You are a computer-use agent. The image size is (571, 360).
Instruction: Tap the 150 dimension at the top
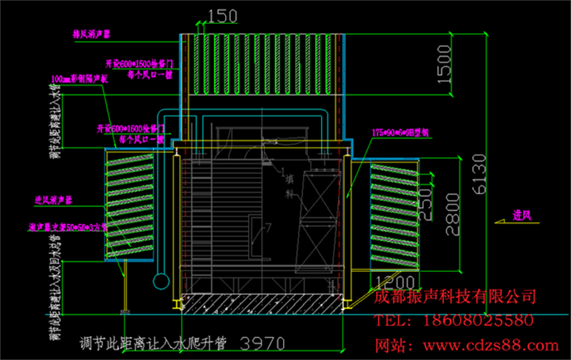pos(222,15)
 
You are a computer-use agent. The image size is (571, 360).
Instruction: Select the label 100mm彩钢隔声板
pos(79,80)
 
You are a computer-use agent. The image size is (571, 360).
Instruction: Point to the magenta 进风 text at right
pos(522,213)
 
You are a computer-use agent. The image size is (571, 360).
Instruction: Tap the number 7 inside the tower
pos(269,228)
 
